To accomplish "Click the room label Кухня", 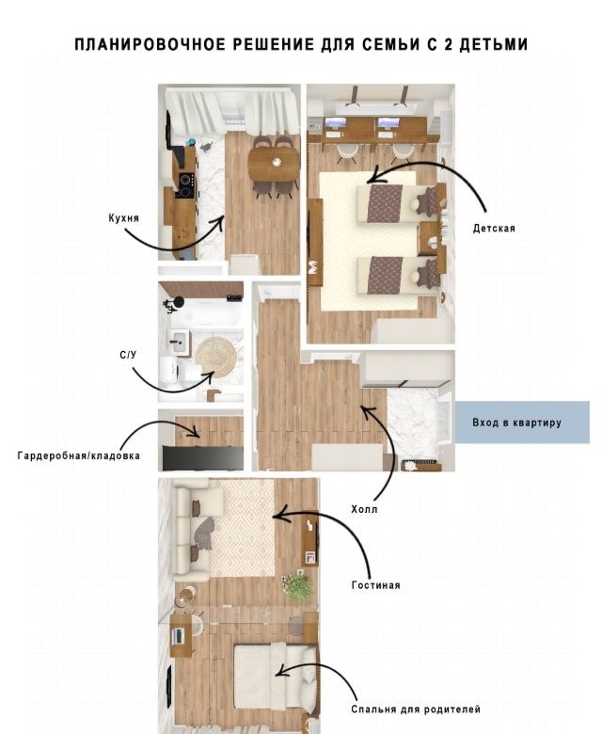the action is click(123, 217).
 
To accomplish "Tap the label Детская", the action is click(494, 229).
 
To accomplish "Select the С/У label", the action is click(128, 355).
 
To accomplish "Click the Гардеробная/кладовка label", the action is click(79, 455).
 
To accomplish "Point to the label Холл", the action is click(364, 509).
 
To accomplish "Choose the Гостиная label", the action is click(375, 584).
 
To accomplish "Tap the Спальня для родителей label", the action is click(416, 709).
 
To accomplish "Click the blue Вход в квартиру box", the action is click(522, 422).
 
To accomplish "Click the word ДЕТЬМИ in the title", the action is click(494, 44).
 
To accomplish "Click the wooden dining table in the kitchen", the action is click(274, 164).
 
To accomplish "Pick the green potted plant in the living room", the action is click(296, 585).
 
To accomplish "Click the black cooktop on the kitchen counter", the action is click(185, 185).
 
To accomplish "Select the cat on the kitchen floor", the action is click(206, 147).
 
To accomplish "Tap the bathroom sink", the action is click(178, 343).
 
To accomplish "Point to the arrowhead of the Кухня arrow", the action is click(223, 219).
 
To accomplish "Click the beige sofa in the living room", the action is click(192, 530).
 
